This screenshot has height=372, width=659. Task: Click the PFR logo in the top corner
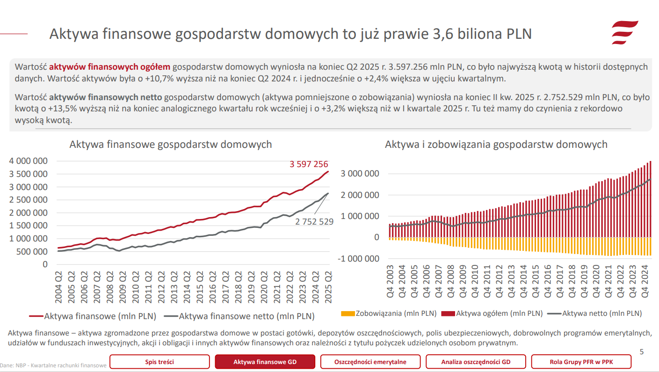[625, 32]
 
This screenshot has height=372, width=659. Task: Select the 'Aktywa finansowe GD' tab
[265, 362]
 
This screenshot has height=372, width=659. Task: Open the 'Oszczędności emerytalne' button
[370, 362]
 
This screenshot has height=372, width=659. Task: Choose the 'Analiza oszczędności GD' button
[476, 362]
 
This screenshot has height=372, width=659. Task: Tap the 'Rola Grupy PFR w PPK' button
[581, 362]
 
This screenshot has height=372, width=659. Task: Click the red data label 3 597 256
[309, 164]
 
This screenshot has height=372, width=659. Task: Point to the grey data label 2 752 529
[314, 221]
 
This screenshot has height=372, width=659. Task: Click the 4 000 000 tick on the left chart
[29, 161]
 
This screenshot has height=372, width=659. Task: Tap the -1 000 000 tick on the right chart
[359, 258]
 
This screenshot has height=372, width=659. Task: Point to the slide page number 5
[641, 351]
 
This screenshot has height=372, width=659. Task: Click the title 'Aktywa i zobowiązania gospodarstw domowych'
[496, 144]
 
